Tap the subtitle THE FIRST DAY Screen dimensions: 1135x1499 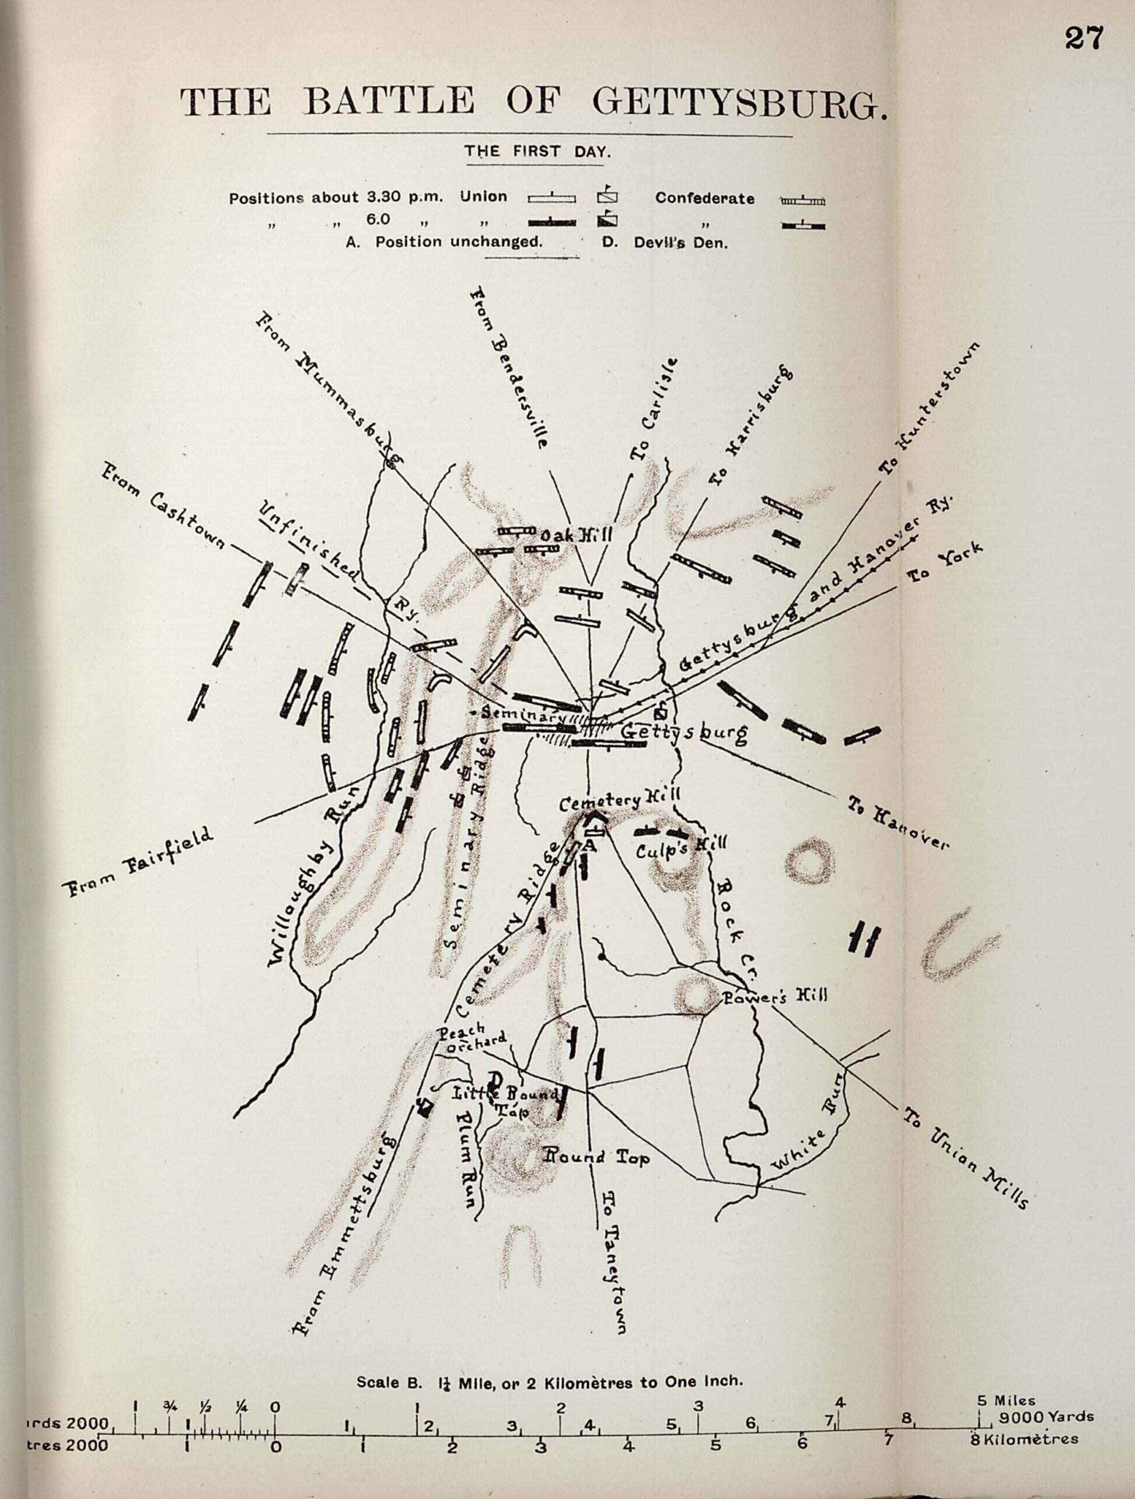tap(537, 152)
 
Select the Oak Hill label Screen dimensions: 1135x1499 tap(576, 536)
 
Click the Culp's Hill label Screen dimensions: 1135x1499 tap(681, 848)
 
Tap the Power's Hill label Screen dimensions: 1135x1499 tap(775, 997)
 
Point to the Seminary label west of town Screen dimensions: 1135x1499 tap(522, 714)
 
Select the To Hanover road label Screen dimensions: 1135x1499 tap(899, 823)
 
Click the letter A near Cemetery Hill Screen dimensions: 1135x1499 tap(589, 844)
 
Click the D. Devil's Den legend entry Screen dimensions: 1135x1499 tap(665, 243)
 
